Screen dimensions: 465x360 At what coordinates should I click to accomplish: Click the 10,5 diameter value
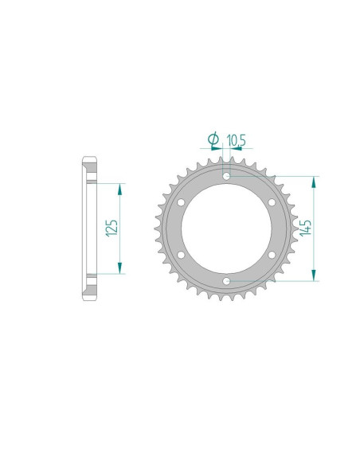(237, 140)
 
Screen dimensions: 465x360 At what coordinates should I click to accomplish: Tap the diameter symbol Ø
(213, 140)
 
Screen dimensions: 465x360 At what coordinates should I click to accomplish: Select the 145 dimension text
(304, 228)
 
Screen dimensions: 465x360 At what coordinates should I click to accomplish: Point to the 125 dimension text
(112, 228)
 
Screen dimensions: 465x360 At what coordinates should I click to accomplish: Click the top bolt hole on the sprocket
(227, 175)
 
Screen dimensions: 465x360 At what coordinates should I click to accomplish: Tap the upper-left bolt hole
(182, 201)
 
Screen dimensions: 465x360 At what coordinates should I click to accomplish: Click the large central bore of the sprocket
(227, 228)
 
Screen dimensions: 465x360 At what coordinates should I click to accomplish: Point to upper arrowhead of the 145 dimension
(316, 181)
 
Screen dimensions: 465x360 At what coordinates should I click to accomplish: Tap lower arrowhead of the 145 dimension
(316, 275)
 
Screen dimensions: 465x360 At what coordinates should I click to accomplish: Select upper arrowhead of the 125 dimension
(120, 188)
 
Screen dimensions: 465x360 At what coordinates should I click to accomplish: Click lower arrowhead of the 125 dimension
(120, 268)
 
